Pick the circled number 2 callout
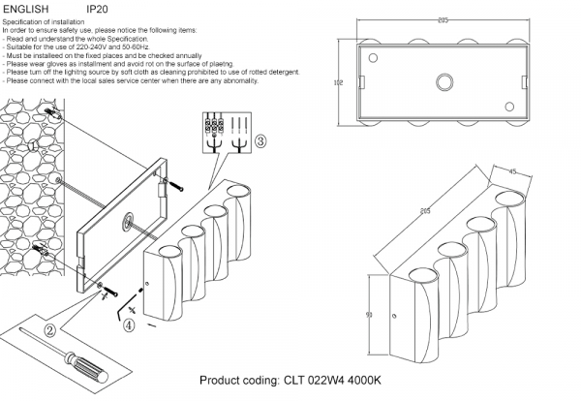(49, 328)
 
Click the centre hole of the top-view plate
(444, 82)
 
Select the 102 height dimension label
(338, 83)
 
